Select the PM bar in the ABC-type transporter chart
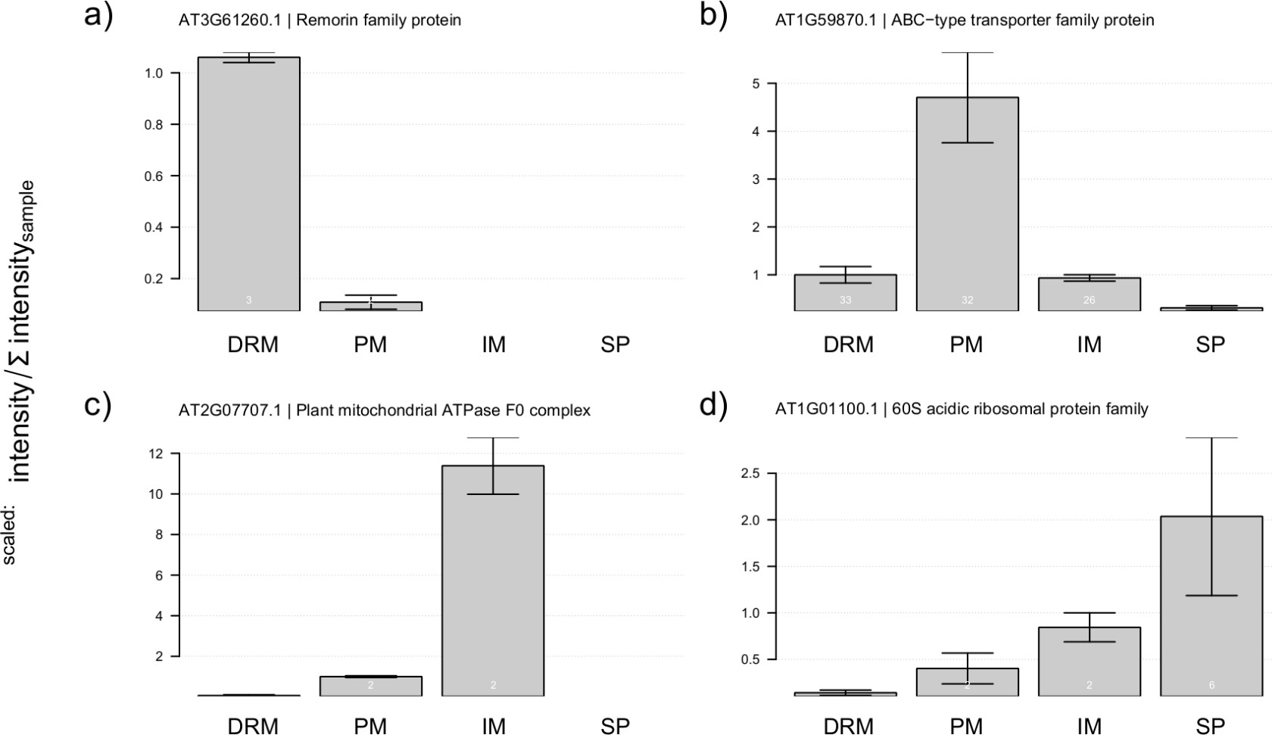point(967,204)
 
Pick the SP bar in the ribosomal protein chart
point(1211,606)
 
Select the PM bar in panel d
point(967,681)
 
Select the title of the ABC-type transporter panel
point(964,20)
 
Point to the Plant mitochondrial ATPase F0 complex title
point(384,410)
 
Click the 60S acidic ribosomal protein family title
point(962,410)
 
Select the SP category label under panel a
point(615,345)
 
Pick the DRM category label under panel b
point(849,345)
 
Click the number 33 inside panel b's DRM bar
point(845,301)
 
